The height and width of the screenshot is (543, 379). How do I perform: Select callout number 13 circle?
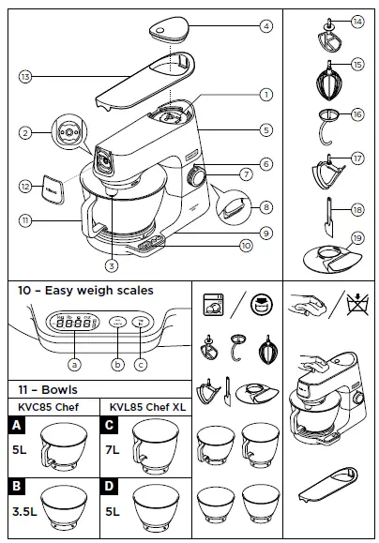(25, 75)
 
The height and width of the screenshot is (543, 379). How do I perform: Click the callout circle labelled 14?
(357, 21)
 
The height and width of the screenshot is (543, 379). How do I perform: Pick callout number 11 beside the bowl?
(26, 219)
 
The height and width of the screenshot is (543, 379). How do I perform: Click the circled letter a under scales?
(73, 362)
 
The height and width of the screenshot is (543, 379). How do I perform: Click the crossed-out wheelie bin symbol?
(356, 306)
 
